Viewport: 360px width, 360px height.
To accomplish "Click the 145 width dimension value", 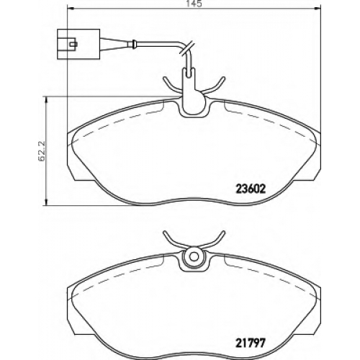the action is point(194,4).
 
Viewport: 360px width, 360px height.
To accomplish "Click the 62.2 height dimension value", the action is point(42,151).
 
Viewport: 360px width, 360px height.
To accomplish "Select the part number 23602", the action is point(251,189).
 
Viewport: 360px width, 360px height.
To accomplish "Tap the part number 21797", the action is point(251,343).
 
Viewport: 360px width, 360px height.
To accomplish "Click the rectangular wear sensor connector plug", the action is point(78,44).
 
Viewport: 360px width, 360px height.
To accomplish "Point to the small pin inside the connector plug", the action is point(73,44).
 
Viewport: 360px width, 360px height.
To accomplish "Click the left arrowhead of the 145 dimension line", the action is point(71,9).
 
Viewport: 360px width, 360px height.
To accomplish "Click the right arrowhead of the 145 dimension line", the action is point(316,9).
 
